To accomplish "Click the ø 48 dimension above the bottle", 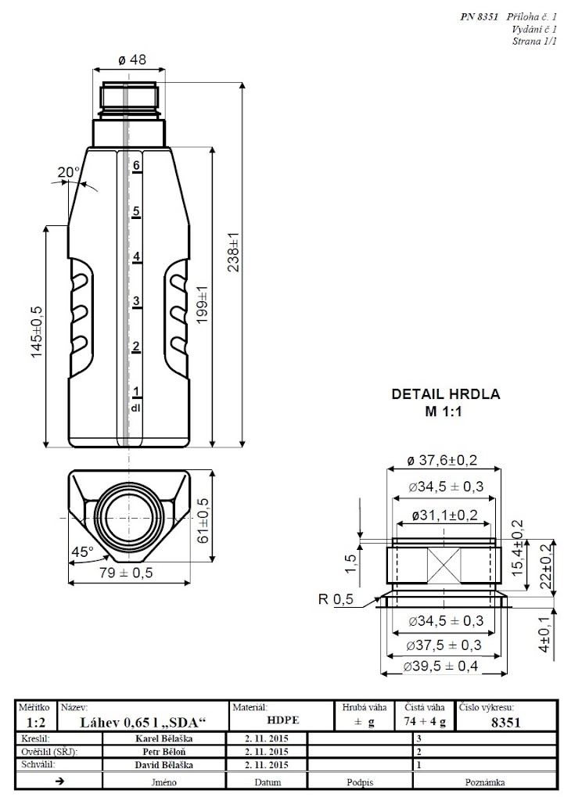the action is click(x=131, y=59).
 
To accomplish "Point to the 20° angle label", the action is click(x=69, y=173).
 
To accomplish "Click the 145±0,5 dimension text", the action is click(x=38, y=331).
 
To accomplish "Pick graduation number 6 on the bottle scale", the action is click(x=136, y=165).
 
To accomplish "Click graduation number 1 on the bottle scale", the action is click(x=136, y=391).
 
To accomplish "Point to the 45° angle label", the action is click(x=82, y=551).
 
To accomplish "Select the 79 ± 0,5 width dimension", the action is click(x=126, y=573).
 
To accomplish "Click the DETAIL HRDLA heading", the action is click(x=445, y=394).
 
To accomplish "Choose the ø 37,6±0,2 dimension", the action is click(x=442, y=460).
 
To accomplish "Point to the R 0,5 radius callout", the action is click(x=336, y=599).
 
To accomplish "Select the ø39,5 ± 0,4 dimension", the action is click(x=440, y=666).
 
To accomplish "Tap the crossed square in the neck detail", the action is click(x=444, y=565).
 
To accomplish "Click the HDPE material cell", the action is click(x=282, y=720).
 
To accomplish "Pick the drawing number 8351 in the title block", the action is click(x=505, y=722).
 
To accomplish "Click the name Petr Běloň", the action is click(x=164, y=752).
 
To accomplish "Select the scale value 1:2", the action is click(x=34, y=722).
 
